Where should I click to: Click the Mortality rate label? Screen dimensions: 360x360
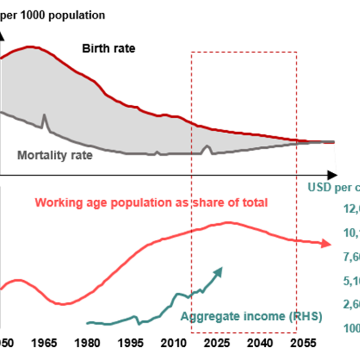point(55,155)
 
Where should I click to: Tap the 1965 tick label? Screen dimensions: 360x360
point(44,342)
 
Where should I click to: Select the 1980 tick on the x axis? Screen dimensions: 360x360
point(88,342)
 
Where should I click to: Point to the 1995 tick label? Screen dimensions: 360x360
point(131,342)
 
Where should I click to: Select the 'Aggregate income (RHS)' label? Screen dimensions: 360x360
point(251,316)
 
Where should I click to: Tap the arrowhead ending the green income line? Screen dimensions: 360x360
point(219,271)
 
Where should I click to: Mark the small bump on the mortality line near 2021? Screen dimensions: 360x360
point(207,146)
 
